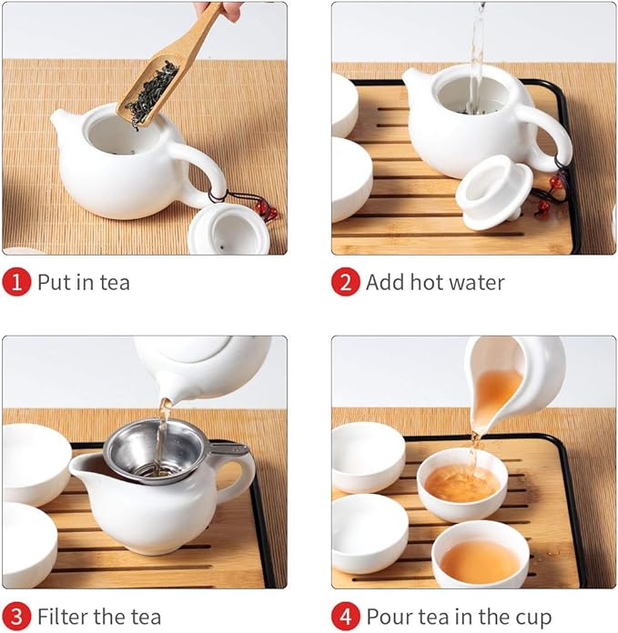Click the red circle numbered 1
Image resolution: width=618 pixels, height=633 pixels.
[x=15, y=282]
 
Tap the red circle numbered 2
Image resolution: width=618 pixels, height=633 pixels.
[x=345, y=282]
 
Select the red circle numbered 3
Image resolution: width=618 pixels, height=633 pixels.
[x=15, y=618]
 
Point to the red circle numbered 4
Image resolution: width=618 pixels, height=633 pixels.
[x=345, y=618]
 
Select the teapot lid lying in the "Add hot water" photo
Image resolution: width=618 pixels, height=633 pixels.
[x=493, y=191]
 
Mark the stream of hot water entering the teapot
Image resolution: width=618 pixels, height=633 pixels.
[x=476, y=55]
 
